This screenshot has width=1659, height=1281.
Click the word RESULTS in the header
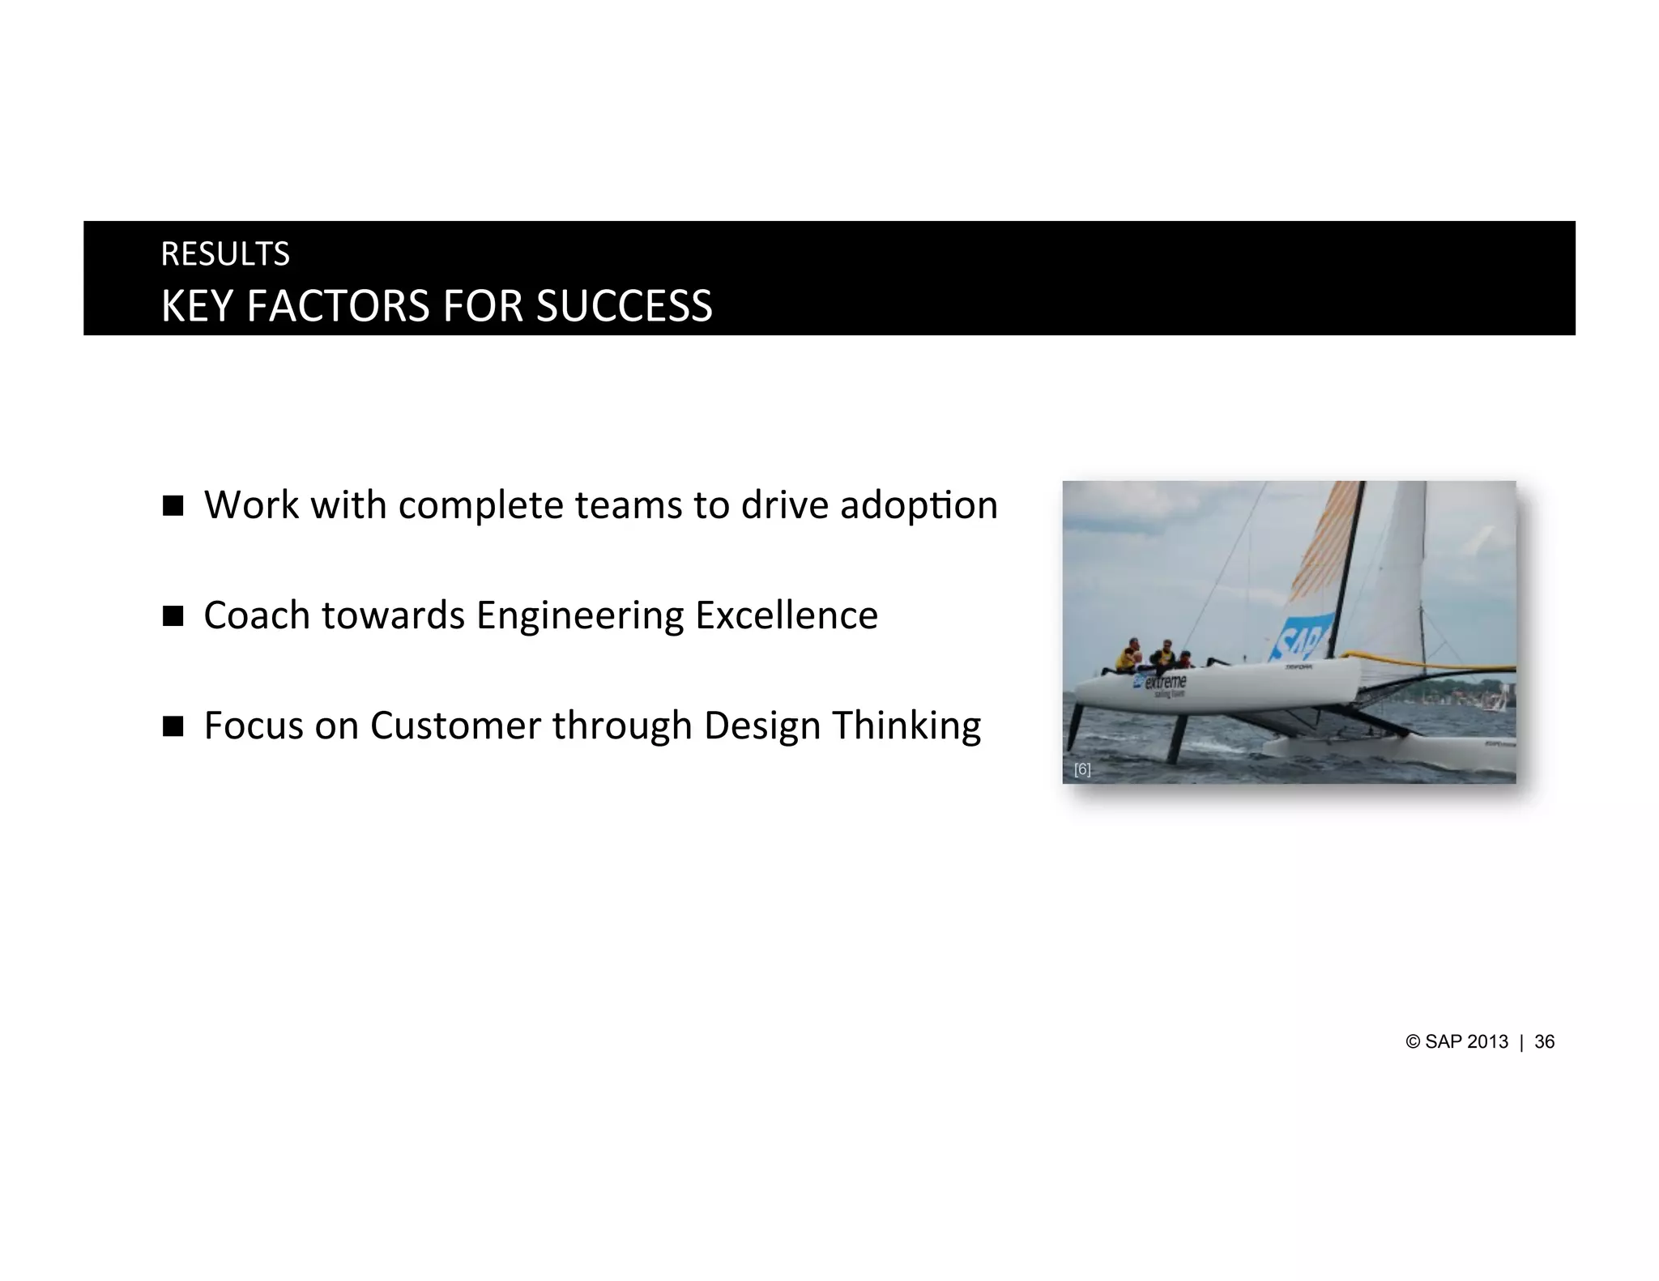(x=225, y=254)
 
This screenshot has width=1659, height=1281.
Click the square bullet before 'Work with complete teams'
(x=173, y=506)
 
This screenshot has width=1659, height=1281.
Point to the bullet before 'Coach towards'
(x=173, y=616)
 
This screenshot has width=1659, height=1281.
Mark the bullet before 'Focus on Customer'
(x=173, y=726)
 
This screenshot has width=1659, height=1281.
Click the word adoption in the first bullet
(x=918, y=506)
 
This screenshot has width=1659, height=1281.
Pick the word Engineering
(x=579, y=616)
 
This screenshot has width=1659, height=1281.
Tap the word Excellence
(x=786, y=615)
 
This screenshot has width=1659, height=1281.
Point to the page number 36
(x=1544, y=1042)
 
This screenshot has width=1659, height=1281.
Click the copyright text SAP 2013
(x=1465, y=1042)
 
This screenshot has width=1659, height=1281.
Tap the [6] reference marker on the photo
(x=1082, y=770)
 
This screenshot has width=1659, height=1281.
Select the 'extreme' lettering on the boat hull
(x=1165, y=682)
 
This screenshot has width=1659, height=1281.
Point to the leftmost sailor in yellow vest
(x=1127, y=657)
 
